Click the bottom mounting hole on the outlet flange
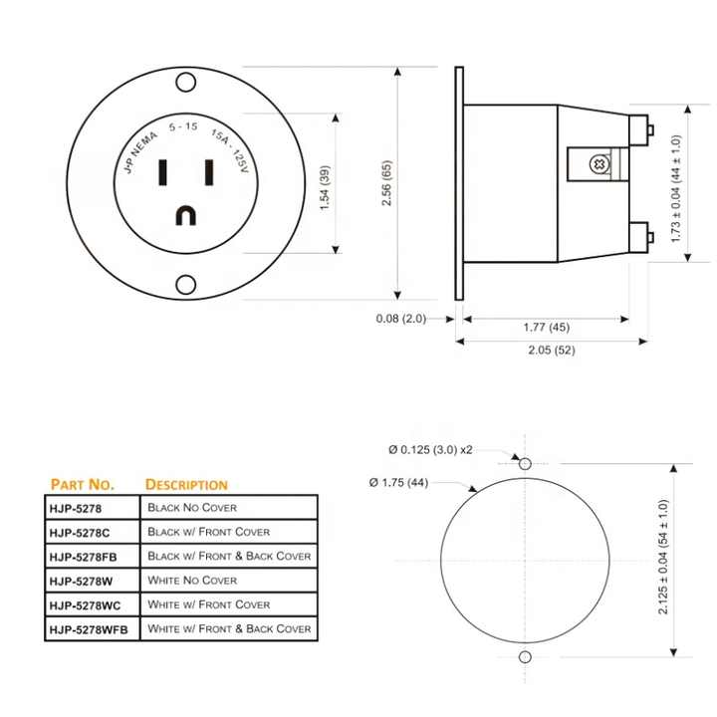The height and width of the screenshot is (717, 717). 185,286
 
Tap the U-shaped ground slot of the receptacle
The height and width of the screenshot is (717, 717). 185,215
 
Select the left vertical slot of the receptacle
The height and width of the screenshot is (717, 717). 161,174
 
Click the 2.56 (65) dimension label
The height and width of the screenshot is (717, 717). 387,182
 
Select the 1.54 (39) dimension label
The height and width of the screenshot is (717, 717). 325,182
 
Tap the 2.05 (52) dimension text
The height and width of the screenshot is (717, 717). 550,350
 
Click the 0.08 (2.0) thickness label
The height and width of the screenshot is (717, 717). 400,319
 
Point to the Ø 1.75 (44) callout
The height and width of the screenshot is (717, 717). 399,483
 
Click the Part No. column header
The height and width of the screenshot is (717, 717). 83,484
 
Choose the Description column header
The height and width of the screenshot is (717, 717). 186,484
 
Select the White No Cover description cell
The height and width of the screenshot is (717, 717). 192,580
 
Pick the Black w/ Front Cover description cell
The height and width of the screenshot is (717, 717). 208,532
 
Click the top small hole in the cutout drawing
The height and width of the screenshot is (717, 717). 525,463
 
